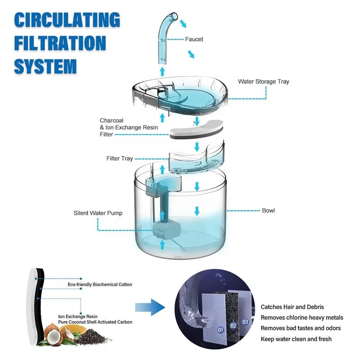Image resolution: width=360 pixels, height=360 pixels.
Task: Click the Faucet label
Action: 194,39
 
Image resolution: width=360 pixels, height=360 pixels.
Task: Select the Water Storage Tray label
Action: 263,82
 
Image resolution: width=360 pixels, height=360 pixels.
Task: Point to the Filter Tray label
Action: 119,158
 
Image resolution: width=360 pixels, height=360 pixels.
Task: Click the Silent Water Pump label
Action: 98,213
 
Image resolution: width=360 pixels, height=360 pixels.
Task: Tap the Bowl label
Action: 268,211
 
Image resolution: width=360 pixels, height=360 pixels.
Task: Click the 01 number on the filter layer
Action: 220,330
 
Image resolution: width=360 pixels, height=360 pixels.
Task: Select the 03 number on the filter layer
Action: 245,322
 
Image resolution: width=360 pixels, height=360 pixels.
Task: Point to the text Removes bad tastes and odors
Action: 301,328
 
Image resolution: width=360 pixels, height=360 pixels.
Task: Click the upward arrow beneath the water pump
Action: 162,244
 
